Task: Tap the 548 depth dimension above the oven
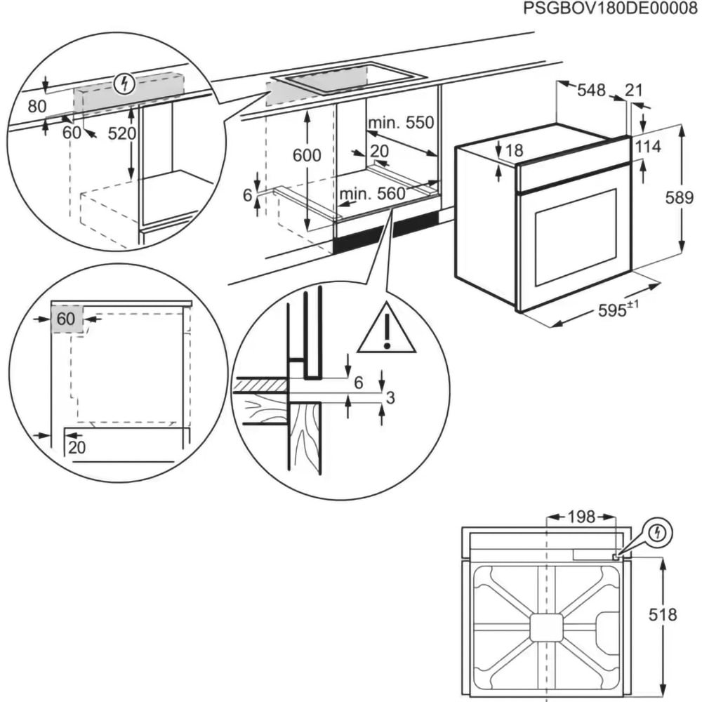tap(591, 90)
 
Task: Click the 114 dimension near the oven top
tap(648, 147)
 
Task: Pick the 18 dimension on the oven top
tap(514, 150)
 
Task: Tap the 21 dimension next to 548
tap(634, 90)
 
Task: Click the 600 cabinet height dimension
tap(306, 156)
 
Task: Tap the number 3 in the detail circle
tap(391, 398)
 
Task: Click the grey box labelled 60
tap(67, 319)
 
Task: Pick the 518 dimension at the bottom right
tap(662, 616)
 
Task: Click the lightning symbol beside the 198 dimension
tap(656, 533)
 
